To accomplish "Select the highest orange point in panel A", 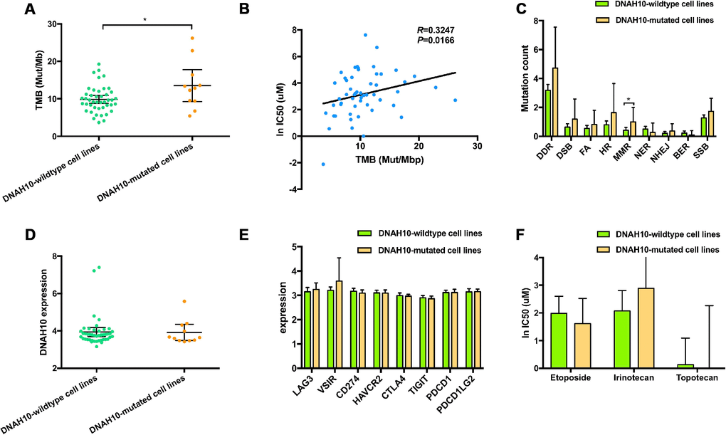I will pos(191,38).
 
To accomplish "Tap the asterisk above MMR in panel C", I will pos(628,100).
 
